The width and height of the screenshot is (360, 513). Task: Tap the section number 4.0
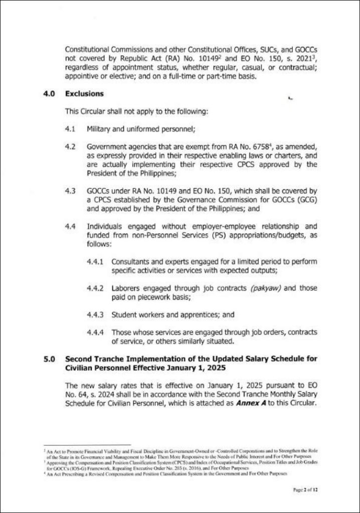coord(49,93)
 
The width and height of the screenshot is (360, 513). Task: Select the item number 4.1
coord(70,129)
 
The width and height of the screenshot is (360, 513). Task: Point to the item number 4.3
coord(70,190)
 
